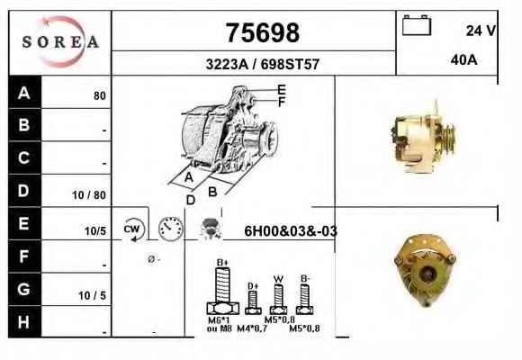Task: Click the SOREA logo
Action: tap(59, 41)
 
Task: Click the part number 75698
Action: tap(261, 33)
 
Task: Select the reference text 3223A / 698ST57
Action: tap(261, 65)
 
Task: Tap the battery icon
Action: tap(417, 26)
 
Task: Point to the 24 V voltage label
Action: tap(481, 30)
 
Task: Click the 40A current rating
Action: tap(463, 60)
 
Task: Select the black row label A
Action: tap(24, 94)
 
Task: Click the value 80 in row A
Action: tap(100, 95)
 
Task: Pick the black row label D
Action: tap(24, 191)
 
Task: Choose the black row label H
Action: tap(24, 321)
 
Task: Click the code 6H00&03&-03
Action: tap(291, 231)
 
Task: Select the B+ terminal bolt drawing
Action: tap(222, 291)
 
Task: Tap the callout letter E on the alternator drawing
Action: tap(281, 90)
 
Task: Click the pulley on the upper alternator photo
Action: tap(446, 136)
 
